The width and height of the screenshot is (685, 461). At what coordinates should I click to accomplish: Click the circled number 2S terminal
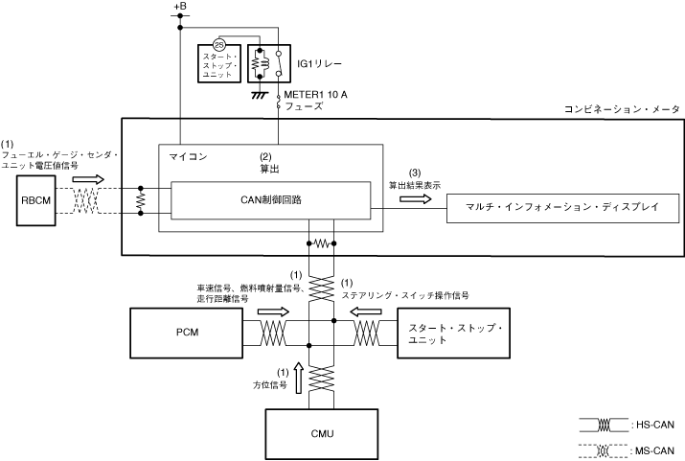point(218,46)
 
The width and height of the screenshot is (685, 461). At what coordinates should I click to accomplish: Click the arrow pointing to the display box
point(415,198)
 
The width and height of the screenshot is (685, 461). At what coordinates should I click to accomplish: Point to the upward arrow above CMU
point(303,379)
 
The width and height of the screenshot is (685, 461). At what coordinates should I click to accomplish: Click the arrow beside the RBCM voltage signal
point(85,178)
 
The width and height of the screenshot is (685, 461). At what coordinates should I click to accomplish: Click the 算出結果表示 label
point(415,183)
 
